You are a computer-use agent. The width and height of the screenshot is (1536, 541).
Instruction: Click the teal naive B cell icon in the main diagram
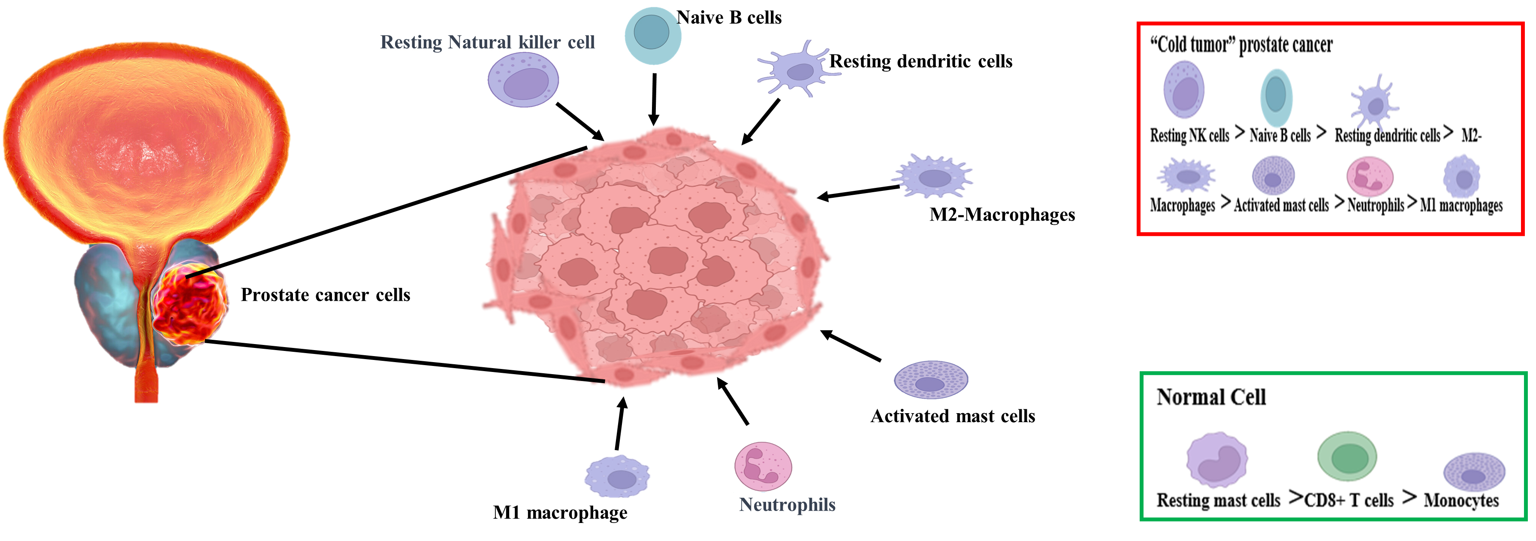652,35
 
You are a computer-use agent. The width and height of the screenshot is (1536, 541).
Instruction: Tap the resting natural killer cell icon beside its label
523,80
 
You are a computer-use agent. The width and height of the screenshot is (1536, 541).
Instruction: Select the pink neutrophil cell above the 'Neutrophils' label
763,466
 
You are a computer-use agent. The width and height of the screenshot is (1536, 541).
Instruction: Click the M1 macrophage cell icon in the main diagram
617,477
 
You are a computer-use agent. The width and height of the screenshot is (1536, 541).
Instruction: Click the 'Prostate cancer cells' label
325,295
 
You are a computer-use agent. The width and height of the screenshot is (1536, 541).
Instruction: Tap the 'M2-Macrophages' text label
1002,215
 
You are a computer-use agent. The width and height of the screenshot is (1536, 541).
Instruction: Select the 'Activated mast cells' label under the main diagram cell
952,416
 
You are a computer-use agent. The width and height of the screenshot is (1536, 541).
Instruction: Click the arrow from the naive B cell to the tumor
654,98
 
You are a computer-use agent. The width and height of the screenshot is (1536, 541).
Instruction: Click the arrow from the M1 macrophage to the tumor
620,423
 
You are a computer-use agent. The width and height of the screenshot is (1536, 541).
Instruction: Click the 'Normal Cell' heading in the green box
1210,397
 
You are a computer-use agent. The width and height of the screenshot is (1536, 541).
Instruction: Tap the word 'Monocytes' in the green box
1461,500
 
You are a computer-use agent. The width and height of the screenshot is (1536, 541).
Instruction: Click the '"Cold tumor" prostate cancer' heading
1241,45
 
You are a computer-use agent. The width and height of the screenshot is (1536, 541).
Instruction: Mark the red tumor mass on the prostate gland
190,304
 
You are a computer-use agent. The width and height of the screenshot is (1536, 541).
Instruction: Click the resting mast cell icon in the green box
1216,460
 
